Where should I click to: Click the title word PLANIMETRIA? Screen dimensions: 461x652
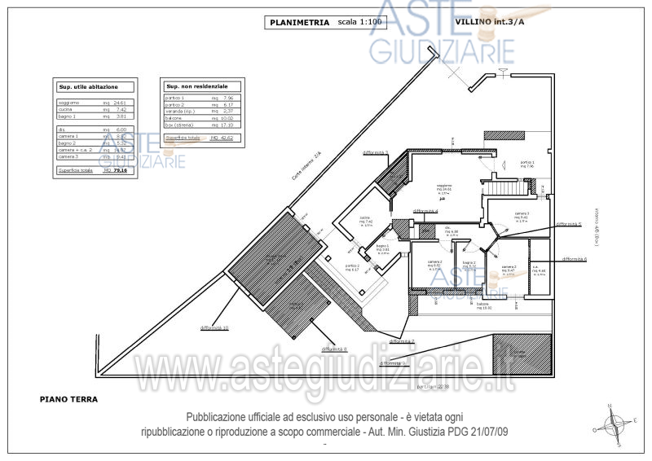pos(299,23)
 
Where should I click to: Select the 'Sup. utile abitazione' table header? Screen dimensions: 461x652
pos(88,86)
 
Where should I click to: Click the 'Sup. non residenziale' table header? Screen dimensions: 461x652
pos(196,86)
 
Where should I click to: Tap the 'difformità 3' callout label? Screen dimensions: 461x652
pos(375,152)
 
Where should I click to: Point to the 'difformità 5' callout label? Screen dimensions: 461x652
pos(568,223)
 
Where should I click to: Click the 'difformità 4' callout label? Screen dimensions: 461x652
pos(425,211)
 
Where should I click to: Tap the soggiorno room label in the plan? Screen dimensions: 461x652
pos(444,187)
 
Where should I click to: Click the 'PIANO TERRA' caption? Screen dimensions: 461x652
pos(69,400)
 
